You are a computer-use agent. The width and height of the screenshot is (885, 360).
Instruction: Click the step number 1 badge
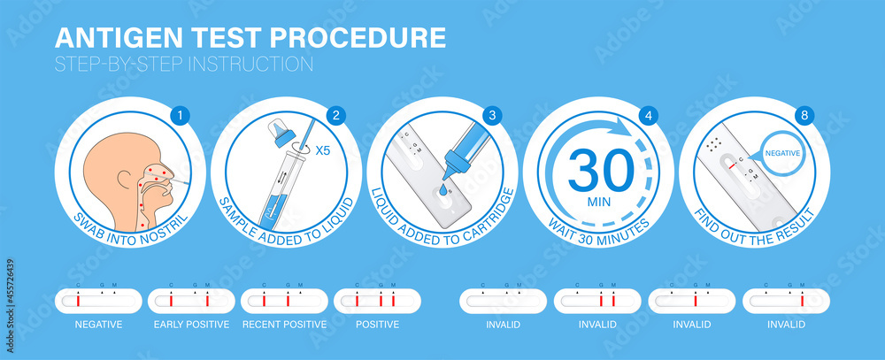(181, 115)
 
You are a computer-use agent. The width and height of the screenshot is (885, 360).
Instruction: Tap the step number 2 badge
(336, 115)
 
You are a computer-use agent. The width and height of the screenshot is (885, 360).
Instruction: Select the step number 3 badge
(493, 115)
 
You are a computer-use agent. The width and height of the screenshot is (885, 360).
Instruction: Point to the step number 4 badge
(650, 115)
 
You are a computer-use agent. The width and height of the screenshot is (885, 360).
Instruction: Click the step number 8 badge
(805, 115)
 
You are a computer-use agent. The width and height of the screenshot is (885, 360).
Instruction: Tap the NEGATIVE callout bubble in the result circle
(781, 152)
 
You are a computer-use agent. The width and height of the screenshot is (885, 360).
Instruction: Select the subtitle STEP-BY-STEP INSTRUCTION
(183, 64)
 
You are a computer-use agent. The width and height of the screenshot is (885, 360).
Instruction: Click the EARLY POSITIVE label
(191, 325)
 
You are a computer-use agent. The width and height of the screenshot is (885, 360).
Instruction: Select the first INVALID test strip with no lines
(503, 301)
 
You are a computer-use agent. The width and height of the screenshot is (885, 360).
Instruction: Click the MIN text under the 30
(599, 202)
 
